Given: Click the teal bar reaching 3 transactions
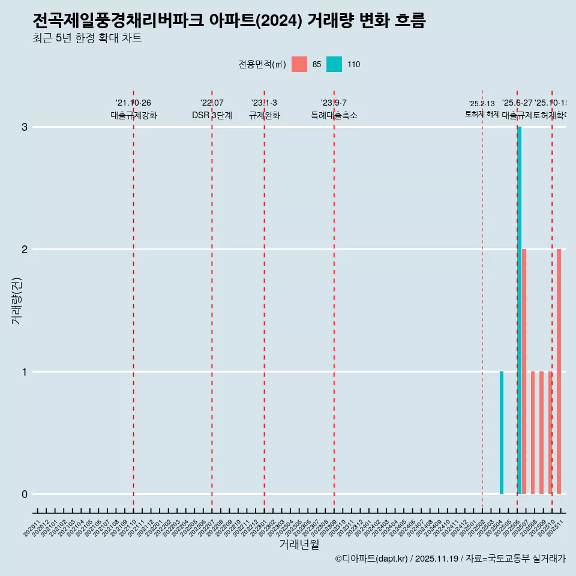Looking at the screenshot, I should pyautogui.click(x=520, y=310).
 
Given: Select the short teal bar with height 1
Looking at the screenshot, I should pyautogui.click(x=502, y=433).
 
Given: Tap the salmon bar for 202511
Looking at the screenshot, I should pyautogui.click(x=559, y=371).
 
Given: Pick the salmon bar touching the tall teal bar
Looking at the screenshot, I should pyautogui.click(x=524, y=371).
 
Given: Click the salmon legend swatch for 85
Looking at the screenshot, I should pyautogui.click(x=299, y=64).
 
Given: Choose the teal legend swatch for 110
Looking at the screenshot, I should pyautogui.click(x=334, y=64).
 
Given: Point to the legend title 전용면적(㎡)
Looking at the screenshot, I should pyautogui.click(x=262, y=64).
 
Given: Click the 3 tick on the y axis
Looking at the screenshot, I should pyautogui.click(x=25, y=127).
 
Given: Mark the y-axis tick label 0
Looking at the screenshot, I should pyautogui.click(x=25, y=494).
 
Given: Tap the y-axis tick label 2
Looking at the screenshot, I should pyautogui.click(x=25, y=250).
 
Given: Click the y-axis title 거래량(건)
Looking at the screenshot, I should pyautogui.click(x=17, y=301).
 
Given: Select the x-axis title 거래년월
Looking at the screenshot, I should pyautogui.click(x=299, y=544).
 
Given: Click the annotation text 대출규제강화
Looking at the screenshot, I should pyautogui.click(x=133, y=115).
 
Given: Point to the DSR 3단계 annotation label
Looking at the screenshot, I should pyautogui.click(x=212, y=115).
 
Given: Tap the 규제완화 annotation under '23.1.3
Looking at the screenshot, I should pyautogui.click(x=264, y=115).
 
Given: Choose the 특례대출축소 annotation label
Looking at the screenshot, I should pyautogui.click(x=334, y=115).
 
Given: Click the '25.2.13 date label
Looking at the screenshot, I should pyautogui.click(x=482, y=104).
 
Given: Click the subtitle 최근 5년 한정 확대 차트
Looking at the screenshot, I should pyautogui.click(x=87, y=38).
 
